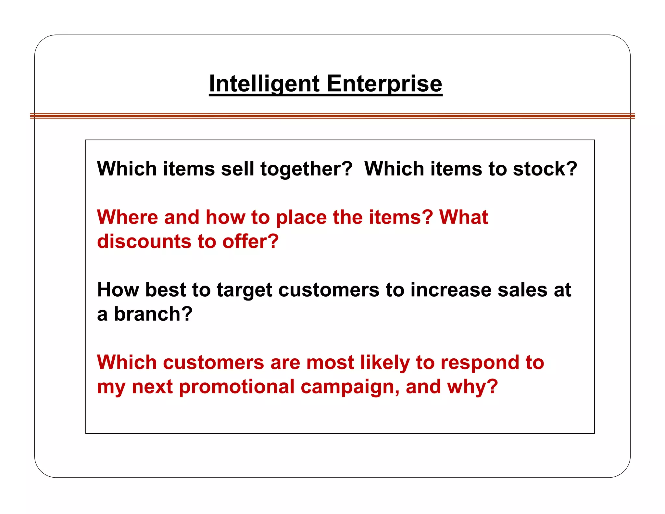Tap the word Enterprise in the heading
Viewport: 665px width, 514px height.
pos(384,84)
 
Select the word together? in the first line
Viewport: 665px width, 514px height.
pos(306,169)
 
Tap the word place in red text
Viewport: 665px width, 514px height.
pos(301,218)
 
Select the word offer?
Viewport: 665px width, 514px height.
pos(250,241)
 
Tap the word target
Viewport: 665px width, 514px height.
pos(245,290)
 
